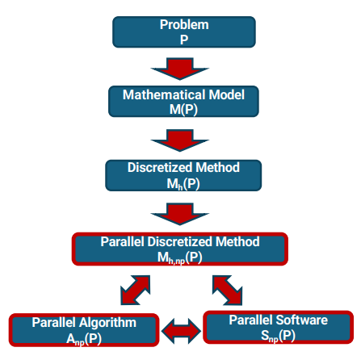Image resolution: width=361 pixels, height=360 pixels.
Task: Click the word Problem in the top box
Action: [184, 25]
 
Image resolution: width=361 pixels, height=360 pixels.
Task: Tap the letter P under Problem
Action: [184, 40]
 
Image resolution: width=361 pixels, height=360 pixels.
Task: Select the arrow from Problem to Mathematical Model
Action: [180, 69]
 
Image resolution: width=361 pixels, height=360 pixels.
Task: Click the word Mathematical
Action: [164, 94]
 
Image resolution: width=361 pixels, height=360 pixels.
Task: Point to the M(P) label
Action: [183, 110]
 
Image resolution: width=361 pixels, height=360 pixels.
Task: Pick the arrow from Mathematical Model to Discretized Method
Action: [180, 140]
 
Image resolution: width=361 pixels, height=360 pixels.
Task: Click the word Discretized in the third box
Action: [160, 167]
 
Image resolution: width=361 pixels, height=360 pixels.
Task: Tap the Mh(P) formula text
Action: [183, 184]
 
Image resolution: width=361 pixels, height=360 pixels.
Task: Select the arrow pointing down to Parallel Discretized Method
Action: [180, 214]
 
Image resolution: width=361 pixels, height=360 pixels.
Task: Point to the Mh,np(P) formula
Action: [180, 257]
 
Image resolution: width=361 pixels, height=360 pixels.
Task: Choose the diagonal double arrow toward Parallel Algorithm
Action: [135, 290]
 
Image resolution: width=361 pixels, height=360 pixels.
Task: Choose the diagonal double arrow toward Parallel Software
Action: [227, 291]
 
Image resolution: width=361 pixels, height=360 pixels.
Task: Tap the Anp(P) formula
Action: [84, 339]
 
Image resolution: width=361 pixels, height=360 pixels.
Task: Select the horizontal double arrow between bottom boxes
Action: [182, 331]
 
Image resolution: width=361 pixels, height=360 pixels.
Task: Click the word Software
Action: [302, 320]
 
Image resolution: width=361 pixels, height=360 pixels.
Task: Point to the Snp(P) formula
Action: [278, 336]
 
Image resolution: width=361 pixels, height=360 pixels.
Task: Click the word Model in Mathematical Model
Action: [227, 94]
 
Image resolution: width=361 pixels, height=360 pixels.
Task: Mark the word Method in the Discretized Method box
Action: [218, 167]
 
